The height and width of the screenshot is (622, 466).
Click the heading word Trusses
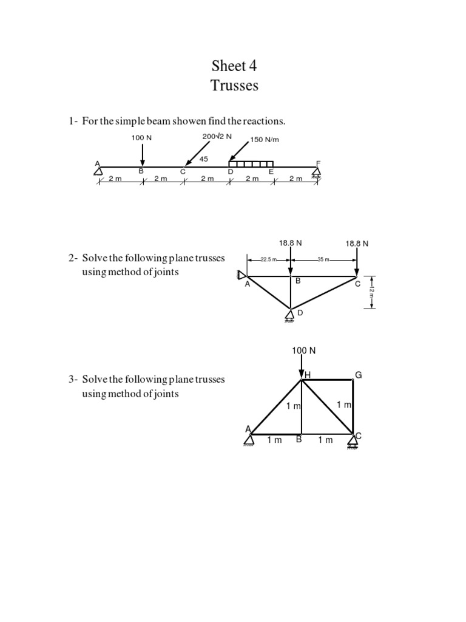(234, 86)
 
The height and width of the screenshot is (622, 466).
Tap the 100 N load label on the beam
(141, 138)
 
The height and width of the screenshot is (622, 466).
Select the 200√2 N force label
(217, 136)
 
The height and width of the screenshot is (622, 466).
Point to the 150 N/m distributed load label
(264, 140)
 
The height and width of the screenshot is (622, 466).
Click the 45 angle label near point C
(204, 159)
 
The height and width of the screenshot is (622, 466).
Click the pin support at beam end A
(98, 171)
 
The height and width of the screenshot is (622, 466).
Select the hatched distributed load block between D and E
(251, 164)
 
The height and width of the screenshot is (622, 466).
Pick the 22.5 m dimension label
(268, 259)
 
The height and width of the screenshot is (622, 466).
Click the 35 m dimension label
(323, 259)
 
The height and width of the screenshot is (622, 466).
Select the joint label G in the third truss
(358, 375)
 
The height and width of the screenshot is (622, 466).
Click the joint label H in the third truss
(308, 375)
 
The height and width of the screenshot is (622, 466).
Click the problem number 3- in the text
(73, 379)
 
